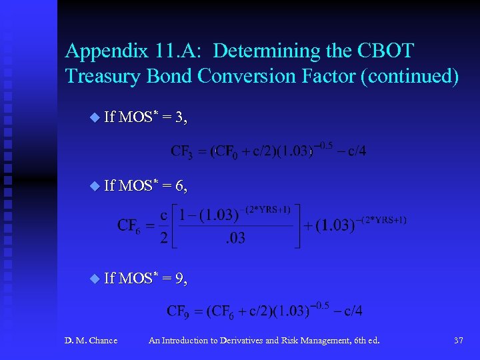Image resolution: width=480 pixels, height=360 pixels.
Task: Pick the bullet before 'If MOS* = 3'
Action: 93,118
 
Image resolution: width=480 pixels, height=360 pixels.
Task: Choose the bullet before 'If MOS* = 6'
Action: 93,185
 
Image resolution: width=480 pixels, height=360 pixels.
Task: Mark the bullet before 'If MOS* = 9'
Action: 93,278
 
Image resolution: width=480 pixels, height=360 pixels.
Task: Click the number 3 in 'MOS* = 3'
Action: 180,119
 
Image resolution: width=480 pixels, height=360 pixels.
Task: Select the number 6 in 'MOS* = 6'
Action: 180,186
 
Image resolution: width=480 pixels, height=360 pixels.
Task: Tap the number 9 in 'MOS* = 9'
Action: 180,279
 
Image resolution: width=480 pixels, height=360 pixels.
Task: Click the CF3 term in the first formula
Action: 182,152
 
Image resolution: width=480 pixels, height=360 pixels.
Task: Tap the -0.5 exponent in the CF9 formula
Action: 321,305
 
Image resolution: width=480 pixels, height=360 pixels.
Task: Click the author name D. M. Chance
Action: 91,341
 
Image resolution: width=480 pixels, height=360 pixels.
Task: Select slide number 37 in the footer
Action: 458,341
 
